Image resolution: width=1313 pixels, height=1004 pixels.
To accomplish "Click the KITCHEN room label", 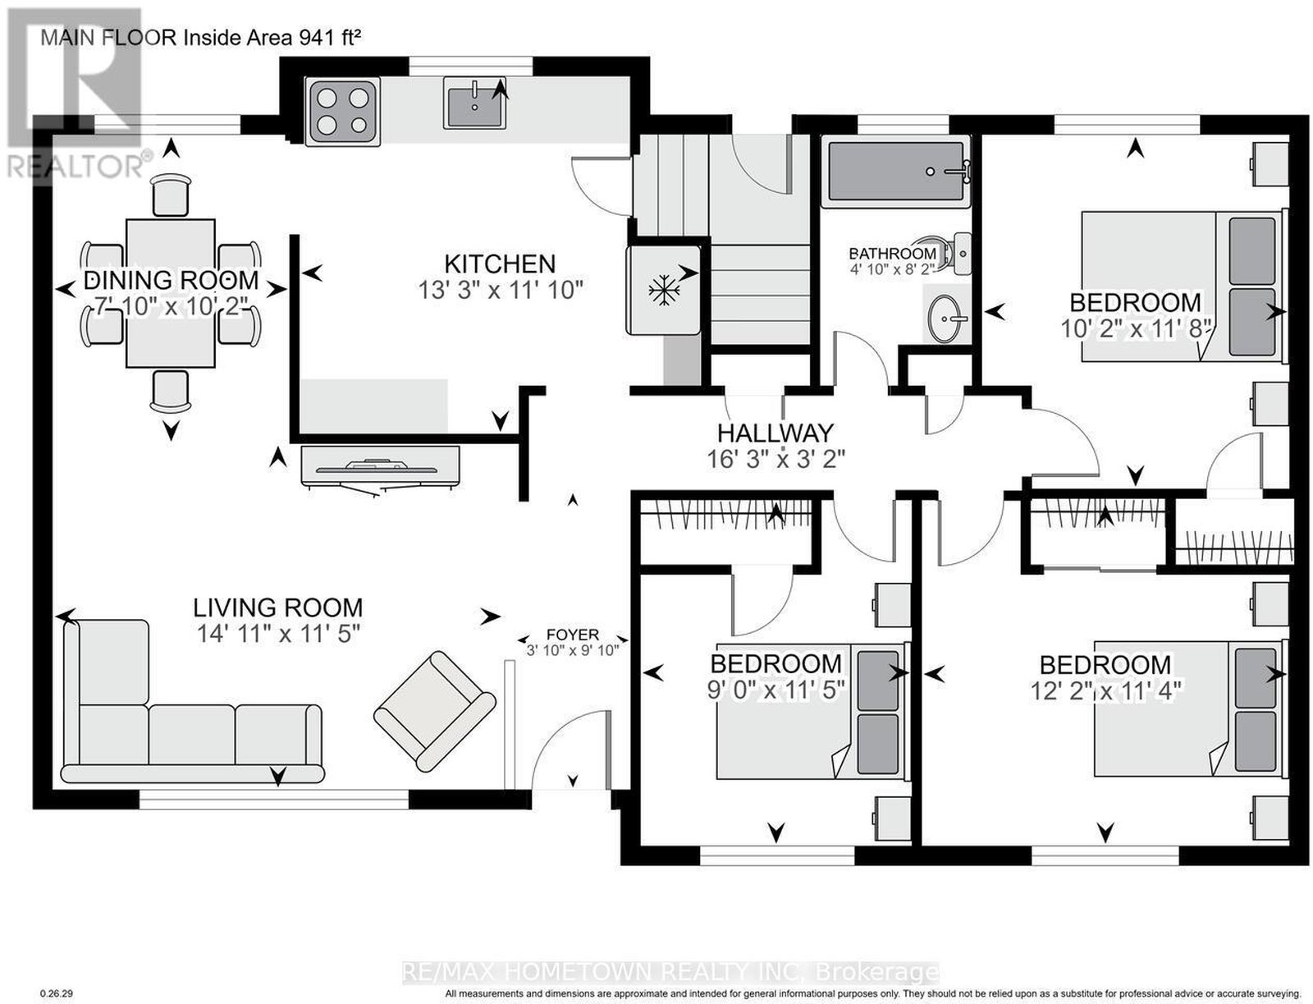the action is point(500,264).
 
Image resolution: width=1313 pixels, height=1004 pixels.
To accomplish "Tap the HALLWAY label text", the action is point(775,433).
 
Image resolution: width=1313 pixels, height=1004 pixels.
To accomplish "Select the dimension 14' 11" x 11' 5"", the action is point(279,633).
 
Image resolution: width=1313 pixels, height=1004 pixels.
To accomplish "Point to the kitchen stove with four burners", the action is point(342,112).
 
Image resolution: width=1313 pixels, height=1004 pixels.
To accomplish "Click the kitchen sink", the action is point(475,103).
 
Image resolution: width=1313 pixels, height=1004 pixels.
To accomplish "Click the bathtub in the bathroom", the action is point(895,171).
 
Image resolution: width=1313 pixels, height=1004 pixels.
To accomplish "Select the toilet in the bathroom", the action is point(951,254).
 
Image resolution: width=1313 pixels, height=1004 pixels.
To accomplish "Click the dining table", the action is point(171,293).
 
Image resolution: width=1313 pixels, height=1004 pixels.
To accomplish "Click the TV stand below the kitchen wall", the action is point(381,466).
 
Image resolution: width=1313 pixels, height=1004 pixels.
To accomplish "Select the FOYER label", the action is point(573,635).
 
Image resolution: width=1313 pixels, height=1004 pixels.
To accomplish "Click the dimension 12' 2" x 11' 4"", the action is point(1105,692).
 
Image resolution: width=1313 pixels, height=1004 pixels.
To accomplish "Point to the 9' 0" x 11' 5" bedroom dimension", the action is point(775,690).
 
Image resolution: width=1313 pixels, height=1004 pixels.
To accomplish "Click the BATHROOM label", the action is point(892,254).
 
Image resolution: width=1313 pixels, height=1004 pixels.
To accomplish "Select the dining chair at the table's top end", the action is point(171,195).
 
